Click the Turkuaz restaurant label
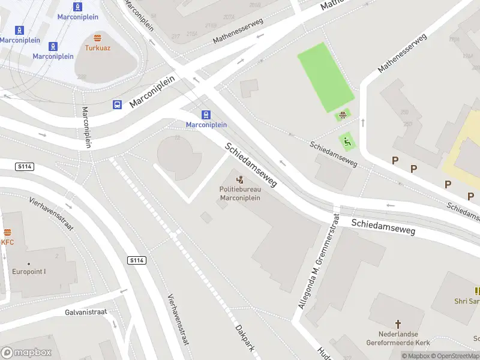(96, 47)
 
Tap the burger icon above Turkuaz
(96, 38)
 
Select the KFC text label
(7, 242)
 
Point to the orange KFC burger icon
(7, 233)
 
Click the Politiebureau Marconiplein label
(240, 194)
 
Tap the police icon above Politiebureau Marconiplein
(240, 179)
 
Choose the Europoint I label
(29, 271)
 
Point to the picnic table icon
(343, 115)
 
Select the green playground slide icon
(347, 142)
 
